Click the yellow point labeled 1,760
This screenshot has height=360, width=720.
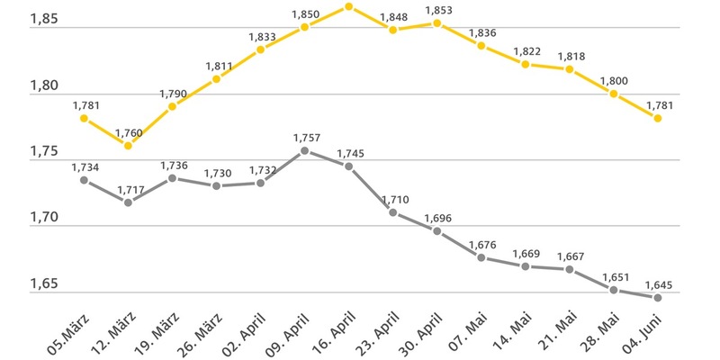click(x=128, y=145)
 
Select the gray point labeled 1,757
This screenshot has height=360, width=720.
click(x=304, y=150)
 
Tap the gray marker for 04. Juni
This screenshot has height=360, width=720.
click(x=657, y=298)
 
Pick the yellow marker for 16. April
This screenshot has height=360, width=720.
click(x=348, y=7)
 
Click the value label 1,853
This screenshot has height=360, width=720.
click(x=436, y=10)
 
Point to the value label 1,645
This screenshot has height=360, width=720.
click(x=658, y=284)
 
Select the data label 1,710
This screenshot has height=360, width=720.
click(x=392, y=199)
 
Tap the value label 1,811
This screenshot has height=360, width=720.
click(x=217, y=66)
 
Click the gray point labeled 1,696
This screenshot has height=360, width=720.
click(x=436, y=231)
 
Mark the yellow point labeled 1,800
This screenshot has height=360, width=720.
click(x=613, y=94)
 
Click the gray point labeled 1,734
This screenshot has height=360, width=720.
click(x=84, y=180)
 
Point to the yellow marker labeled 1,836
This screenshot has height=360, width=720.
click(x=481, y=45)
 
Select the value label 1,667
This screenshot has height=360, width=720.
click(x=569, y=256)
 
